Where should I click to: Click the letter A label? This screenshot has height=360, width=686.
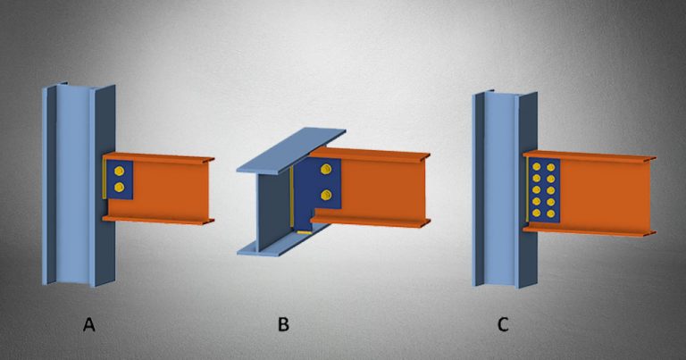pos(88,324)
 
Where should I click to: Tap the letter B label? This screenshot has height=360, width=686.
pos(283,324)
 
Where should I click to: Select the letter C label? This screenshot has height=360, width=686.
pos(503,324)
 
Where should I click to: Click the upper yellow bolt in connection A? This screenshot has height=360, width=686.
pos(120,170)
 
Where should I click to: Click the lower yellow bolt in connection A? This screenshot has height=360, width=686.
pos(120,187)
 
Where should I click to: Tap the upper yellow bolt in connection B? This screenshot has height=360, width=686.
pos(326,172)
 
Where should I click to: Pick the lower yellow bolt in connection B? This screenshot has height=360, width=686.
pos(326,194)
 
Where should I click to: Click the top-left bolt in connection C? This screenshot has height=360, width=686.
pos(536,166)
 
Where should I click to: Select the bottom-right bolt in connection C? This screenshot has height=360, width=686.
pos(548,213)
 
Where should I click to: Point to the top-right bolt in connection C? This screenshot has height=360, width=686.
pos(548,166)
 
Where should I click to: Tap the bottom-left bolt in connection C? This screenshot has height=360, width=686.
pos(536,213)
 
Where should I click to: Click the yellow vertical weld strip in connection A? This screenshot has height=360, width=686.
pos(105,184)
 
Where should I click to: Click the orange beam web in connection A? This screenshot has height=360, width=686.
pos(170,188)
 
